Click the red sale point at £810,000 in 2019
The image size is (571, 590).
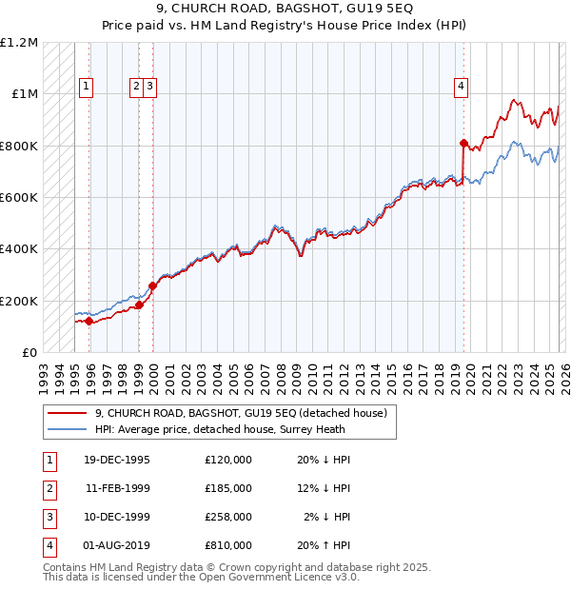tap(463, 144)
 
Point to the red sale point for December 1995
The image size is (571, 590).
tap(89, 322)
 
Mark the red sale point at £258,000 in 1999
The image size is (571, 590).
tap(153, 285)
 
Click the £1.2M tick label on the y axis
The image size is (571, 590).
tap(19, 43)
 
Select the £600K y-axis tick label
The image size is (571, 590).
tap(19, 198)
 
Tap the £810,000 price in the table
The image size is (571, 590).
tap(227, 545)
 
